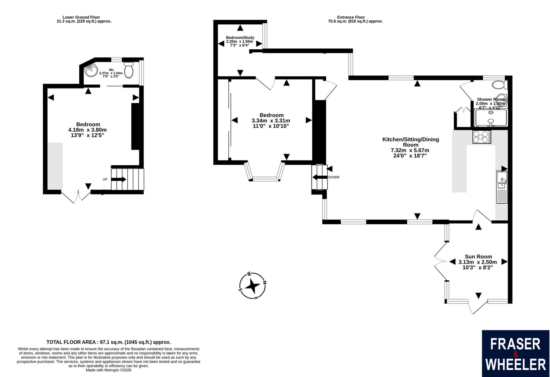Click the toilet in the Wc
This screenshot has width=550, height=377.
tap(129, 70)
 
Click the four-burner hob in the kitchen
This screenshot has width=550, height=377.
tap(482, 137)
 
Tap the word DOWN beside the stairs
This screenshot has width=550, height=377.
tap(334, 177)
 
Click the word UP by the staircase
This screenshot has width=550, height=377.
tap(105, 180)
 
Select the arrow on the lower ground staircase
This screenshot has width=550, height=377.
tap(119, 179)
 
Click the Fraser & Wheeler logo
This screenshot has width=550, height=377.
tap(516, 353)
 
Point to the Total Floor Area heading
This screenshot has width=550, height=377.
tap(109, 342)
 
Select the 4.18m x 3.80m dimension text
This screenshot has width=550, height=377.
tap(87, 130)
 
